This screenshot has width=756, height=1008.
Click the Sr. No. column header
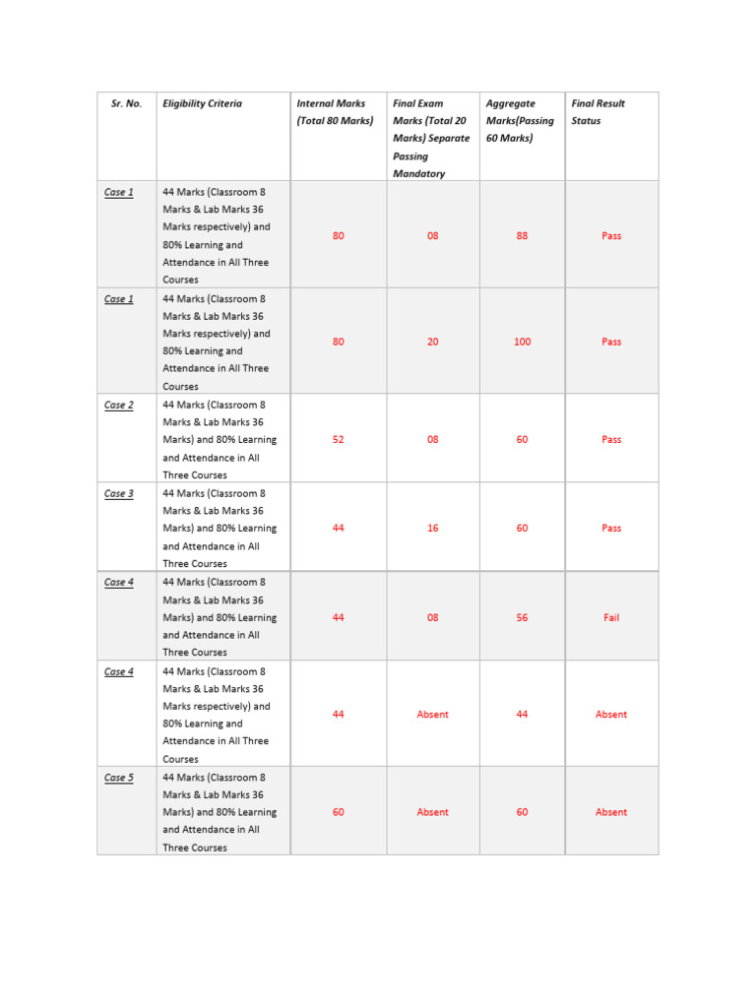[x=126, y=103]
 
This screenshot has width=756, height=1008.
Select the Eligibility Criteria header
[x=202, y=103]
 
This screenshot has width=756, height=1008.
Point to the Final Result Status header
[x=598, y=112]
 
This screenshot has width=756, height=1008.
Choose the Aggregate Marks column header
[x=520, y=120]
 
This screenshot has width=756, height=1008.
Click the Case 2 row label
[x=118, y=405]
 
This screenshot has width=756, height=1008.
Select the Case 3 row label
[x=118, y=493]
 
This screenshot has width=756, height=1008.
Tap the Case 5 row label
[x=118, y=778]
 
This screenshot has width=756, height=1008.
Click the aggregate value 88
[x=522, y=236]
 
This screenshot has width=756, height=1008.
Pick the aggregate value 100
[x=522, y=342]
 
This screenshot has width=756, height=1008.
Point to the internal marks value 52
[x=339, y=440]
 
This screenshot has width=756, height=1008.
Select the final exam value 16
[x=433, y=529]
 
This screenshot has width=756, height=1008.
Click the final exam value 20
[x=433, y=342]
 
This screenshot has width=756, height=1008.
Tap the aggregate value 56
[x=522, y=618]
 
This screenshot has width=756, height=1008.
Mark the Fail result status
[x=611, y=618]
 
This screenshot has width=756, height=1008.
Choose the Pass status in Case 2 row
[x=611, y=440]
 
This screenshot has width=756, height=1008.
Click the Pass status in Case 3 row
[x=611, y=529]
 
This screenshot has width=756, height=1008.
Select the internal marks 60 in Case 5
[x=339, y=812]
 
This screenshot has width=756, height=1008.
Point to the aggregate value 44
[x=522, y=715]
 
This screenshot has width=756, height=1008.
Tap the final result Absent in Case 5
[x=611, y=812]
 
